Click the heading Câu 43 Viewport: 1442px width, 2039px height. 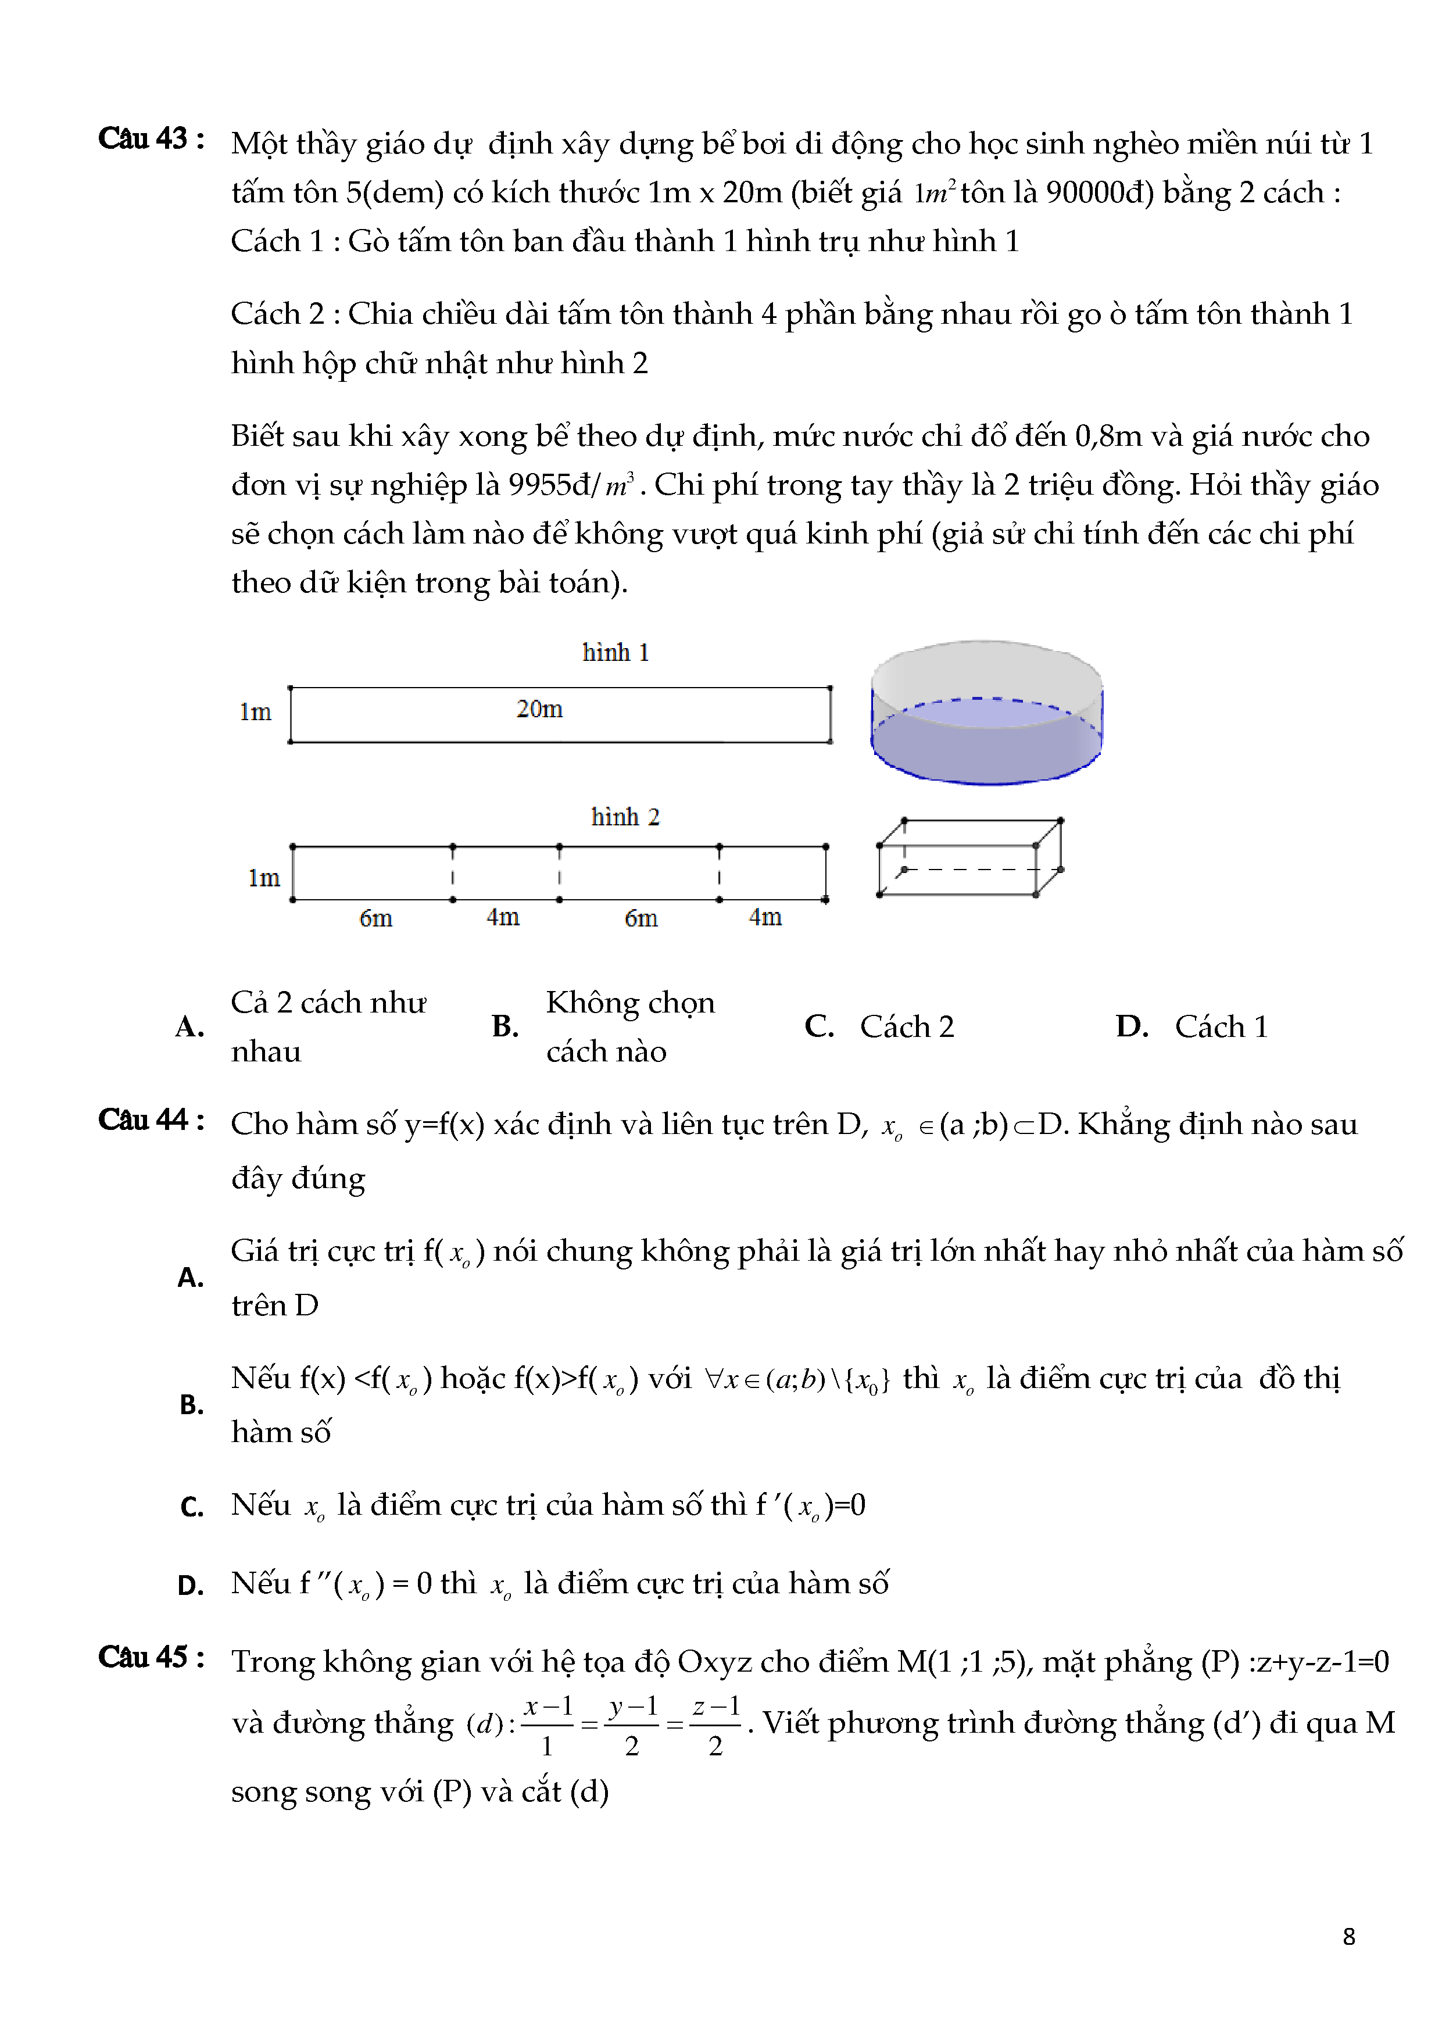click(151, 139)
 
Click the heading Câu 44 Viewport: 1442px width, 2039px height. click(151, 1121)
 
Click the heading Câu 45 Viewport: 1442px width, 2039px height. click(151, 1658)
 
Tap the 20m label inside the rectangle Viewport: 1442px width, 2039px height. click(539, 709)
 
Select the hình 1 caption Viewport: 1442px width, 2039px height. click(616, 653)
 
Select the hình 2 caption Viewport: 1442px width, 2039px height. click(625, 817)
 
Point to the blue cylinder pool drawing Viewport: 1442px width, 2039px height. click(986, 713)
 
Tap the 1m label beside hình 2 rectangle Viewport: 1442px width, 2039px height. click(264, 878)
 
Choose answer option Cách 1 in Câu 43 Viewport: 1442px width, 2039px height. click(1221, 1026)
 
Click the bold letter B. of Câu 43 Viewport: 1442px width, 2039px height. click(505, 1026)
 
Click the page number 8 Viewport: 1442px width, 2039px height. click(1349, 1937)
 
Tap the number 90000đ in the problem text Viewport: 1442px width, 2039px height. click(1099, 193)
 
